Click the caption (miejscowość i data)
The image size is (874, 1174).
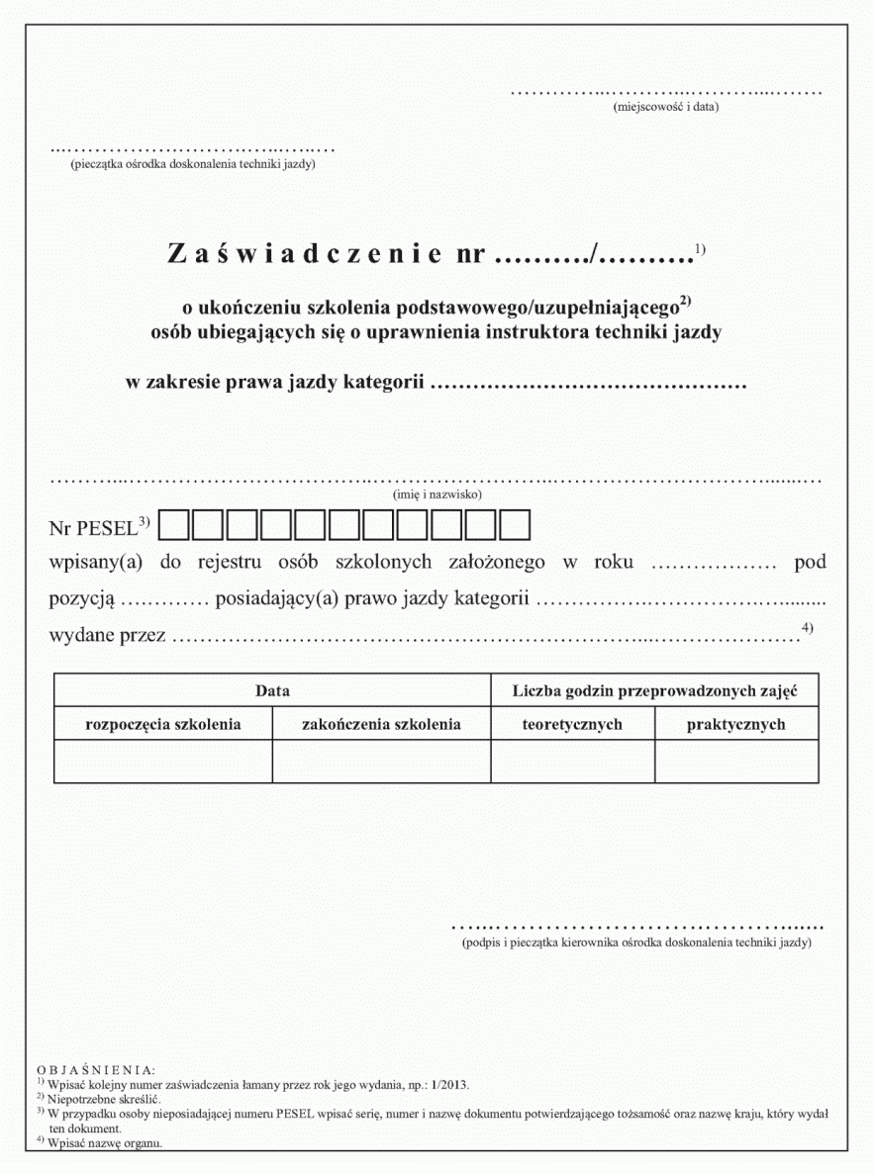[x=665, y=106]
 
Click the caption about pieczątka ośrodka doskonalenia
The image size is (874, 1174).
[x=193, y=164]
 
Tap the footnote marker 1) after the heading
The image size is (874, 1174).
[x=700, y=247]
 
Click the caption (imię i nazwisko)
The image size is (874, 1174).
[x=437, y=493]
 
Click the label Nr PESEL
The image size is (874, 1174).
[x=92, y=526]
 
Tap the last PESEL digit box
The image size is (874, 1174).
[x=516, y=525]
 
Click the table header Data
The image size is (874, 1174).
[x=272, y=691]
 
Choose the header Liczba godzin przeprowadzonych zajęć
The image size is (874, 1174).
[x=654, y=690]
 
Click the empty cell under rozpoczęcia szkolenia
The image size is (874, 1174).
[x=163, y=762]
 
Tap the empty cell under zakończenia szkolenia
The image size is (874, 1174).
[x=381, y=762]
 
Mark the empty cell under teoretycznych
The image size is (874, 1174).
[x=572, y=762]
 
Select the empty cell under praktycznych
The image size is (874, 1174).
[x=736, y=762]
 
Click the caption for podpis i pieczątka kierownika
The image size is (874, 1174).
[x=636, y=944]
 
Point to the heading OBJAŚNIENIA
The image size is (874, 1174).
[x=95, y=1070]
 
